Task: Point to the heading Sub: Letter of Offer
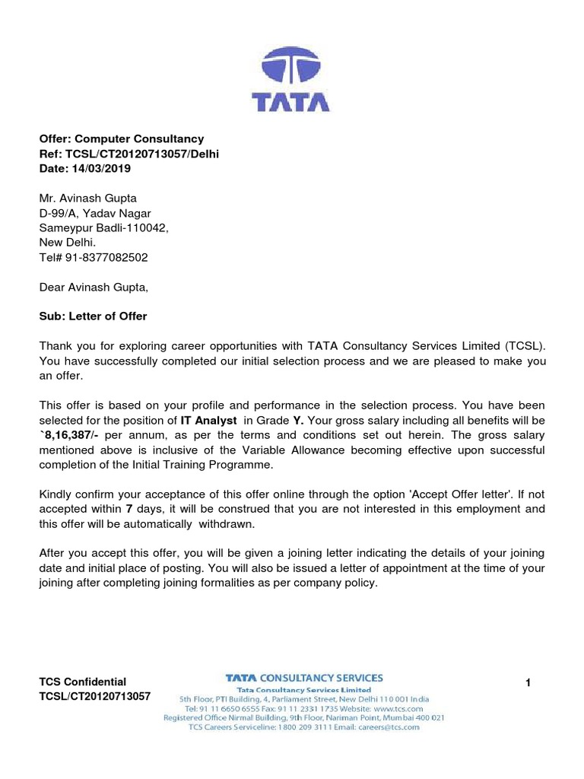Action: (x=93, y=316)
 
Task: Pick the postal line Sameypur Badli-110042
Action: (x=103, y=227)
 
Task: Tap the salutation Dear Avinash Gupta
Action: (x=94, y=287)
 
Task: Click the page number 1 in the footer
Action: (x=528, y=683)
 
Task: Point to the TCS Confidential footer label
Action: (x=83, y=682)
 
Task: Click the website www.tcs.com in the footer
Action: (x=395, y=707)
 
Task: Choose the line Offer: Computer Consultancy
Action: (x=122, y=138)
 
